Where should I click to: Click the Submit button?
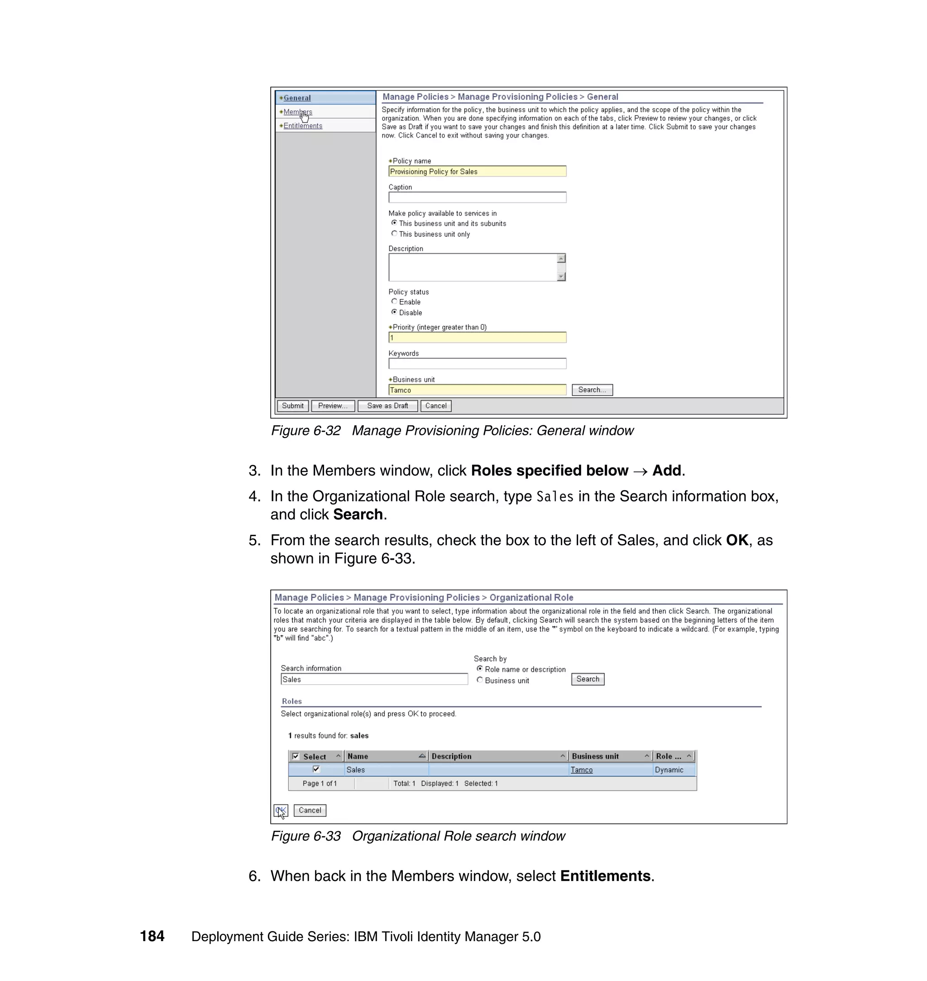[x=292, y=406]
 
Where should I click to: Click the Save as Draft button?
[x=387, y=406]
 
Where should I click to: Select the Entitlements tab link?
[x=302, y=126]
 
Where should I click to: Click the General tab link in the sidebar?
[x=297, y=98]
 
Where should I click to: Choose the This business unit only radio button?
[x=394, y=233]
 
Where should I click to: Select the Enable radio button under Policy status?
[x=394, y=301]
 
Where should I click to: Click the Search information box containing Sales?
[x=373, y=680]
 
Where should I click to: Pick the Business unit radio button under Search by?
[x=479, y=680]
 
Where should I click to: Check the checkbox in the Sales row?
[x=316, y=769]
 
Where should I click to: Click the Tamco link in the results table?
[x=581, y=770]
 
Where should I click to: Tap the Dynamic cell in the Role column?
[x=669, y=770]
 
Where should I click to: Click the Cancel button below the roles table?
[x=310, y=810]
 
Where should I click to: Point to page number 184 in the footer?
[x=152, y=937]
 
